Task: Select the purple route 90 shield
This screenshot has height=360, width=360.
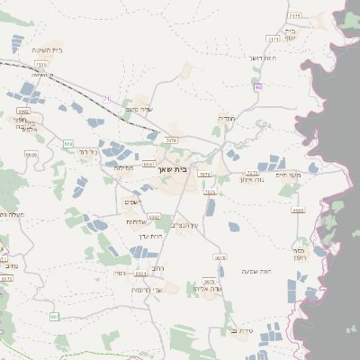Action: click(x=258, y=87)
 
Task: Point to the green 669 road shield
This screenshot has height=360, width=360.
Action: click(x=68, y=144)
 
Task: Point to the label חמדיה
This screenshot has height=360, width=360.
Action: click(x=226, y=118)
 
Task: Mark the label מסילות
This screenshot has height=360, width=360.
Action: click(x=124, y=168)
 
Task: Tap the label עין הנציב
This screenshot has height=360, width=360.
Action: click(x=184, y=225)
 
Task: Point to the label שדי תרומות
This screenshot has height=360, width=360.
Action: click(x=145, y=289)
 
